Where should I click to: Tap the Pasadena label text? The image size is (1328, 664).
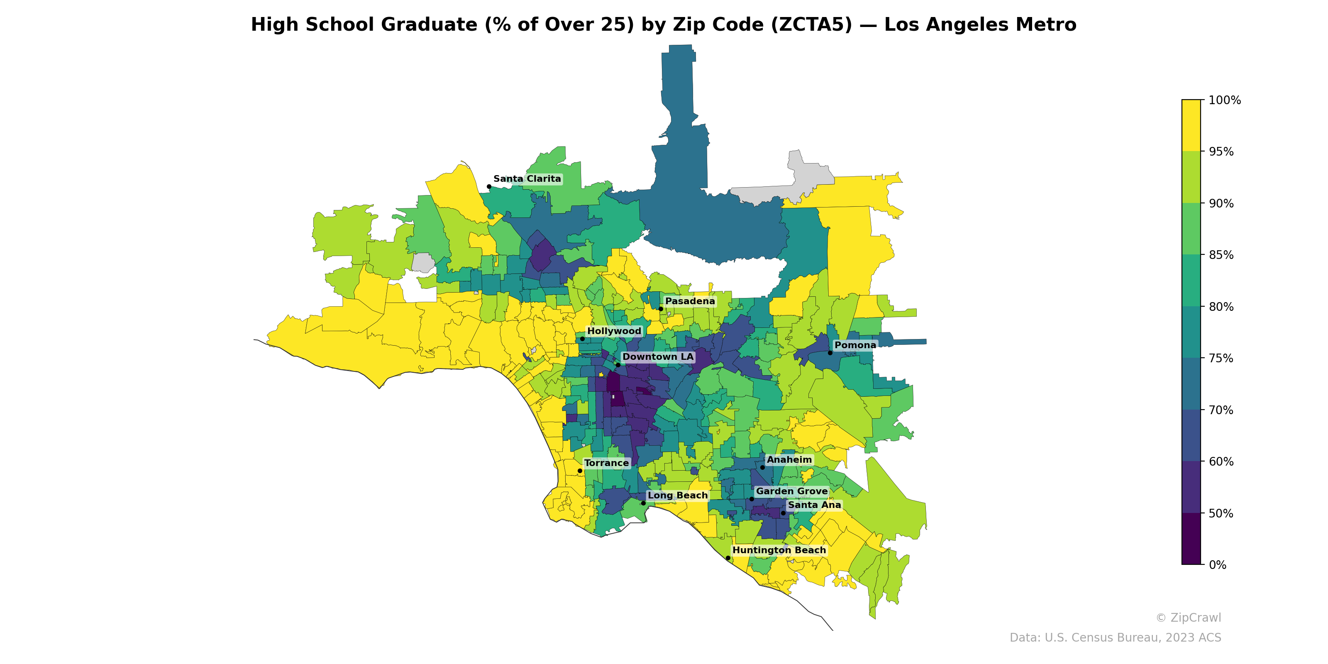690,301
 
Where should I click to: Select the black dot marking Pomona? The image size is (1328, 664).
830,353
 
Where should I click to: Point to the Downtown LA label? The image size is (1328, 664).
657,357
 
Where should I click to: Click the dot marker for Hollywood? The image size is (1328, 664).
582,339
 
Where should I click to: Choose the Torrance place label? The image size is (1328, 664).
606,463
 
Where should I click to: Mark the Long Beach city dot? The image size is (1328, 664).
643,503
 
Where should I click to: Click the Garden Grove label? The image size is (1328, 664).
791,491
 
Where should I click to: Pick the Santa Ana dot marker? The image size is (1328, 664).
783,513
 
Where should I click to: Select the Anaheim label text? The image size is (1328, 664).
789,460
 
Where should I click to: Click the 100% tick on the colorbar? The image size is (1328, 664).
1224,100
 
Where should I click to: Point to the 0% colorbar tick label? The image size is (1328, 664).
1217,565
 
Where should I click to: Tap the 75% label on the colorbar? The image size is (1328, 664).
1221,358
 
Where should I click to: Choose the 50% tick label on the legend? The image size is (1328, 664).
1221,513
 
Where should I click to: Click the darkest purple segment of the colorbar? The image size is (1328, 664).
1191,539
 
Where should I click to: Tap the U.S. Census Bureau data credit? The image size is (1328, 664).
1115,638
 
